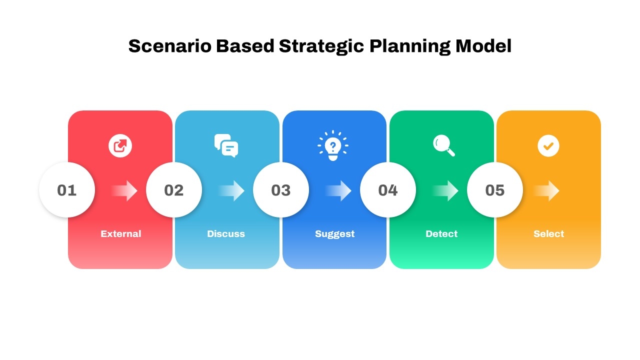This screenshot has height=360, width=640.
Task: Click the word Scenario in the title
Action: [170, 46]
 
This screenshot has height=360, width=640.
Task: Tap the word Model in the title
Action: [483, 46]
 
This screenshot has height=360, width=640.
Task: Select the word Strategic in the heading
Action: [321, 47]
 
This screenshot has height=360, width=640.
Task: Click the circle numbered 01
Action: [67, 190]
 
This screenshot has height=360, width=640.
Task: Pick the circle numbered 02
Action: [173, 190]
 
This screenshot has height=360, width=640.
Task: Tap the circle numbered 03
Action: [281, 190]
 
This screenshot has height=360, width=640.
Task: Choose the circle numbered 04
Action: [387, 190]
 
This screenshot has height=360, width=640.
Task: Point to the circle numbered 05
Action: [495, 190]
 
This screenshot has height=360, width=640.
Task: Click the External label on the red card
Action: [121, 233]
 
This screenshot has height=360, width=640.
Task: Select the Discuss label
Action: [226, 233]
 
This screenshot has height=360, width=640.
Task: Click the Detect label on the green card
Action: [441, 233]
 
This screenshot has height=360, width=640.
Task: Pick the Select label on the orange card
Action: [549, 233]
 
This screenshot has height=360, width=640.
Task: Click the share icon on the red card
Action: [120, 145]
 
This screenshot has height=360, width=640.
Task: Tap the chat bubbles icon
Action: [226, 145]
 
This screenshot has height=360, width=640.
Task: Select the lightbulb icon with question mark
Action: [333, 145]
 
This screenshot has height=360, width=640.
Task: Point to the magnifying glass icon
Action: [443, 145]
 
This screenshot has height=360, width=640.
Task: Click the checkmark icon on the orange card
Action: [548, 146]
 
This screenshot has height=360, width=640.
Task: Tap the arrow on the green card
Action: [445, 190]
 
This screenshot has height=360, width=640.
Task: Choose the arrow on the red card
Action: [124, 190]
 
